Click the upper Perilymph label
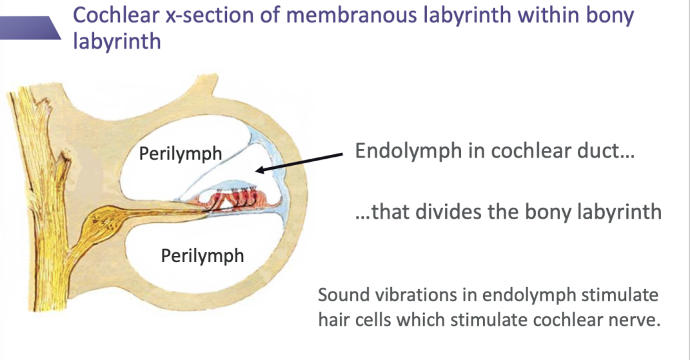(x=180, y=154)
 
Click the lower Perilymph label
(x=202, y=255)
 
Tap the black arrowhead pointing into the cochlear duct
(x=260, y=170)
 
